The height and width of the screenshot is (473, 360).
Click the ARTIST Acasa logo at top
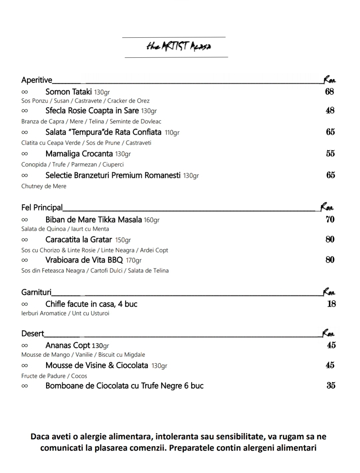(x=178, y=46)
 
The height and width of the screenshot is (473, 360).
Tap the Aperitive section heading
(x=37, y=80)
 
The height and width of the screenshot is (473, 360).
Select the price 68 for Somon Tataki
(x=329, y=92)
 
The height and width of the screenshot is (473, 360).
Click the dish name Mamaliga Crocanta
(x=79, y=154)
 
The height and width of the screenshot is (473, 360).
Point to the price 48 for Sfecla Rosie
(x=330, y=110)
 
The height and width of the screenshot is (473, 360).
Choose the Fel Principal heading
(x=42, y=208)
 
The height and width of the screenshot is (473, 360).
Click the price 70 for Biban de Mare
(x=330, y=219)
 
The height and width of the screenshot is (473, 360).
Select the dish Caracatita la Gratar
(x=79, y=240)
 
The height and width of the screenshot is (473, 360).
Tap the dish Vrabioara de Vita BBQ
(x=84, y=260)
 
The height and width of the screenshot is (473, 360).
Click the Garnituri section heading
(x=36, y=292)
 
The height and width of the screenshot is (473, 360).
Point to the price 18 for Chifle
(x=331, y=304)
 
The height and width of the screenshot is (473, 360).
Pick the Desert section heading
(x=33, y=334)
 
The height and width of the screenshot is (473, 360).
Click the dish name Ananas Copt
(x=68, y=345)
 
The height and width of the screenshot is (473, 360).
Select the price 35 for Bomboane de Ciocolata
(x=331, y=386)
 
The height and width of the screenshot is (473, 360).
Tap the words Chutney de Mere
(x=44, y=186)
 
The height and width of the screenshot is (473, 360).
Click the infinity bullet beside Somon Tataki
(x=25, y=92)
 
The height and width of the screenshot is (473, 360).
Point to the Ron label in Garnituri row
(x=329, y=292)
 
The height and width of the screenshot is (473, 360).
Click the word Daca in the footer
(x=40, y=436)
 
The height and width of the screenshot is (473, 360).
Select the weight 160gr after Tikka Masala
(x=152, y=220)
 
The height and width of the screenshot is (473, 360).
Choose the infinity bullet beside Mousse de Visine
(x=25, y=366)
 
